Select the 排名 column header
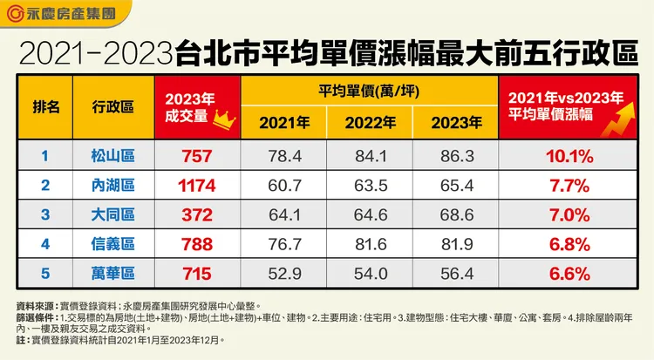pos(46,107)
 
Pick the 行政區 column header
pos(112,107)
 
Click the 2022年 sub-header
pos(367,123)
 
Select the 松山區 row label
pos(112,157)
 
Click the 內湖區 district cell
pos(112,185)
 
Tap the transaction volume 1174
pos(196,185)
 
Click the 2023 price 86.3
pos(453,157)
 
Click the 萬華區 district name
pos(112,273)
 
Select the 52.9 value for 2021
pos(280,273)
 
